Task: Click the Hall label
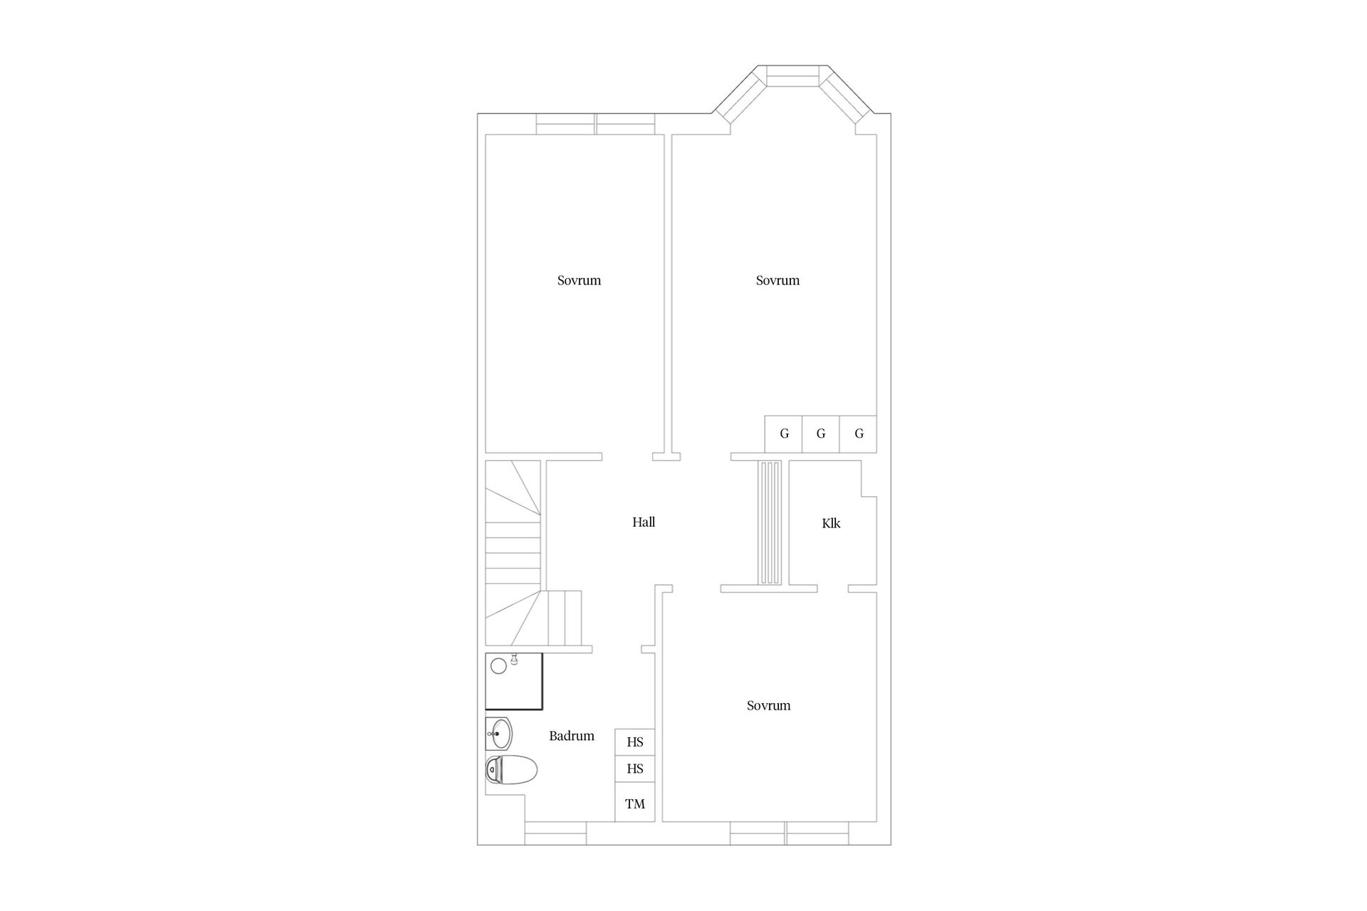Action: pos(644,522)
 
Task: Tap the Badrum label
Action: pos(571,736)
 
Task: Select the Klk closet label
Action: pos(831,524)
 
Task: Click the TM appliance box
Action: pos(635,804)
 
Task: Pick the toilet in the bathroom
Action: pos(511,770)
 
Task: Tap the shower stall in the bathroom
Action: pos(514,681)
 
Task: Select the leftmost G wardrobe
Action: pos(784,433)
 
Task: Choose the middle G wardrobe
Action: pos(821,433)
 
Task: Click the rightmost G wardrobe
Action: pos(859,433)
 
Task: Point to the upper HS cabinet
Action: pos(635,742)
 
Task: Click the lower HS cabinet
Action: pos(635,769)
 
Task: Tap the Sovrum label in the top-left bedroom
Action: pos(579,280)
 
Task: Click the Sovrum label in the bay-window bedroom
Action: pos(777,280)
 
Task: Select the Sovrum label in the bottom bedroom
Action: pos(768,706)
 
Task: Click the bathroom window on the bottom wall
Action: pos(555,833)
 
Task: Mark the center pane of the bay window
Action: pos(792,75)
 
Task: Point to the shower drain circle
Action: pos(498,666)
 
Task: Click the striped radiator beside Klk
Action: pos(770,522)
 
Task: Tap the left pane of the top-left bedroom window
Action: pos(566,124)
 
